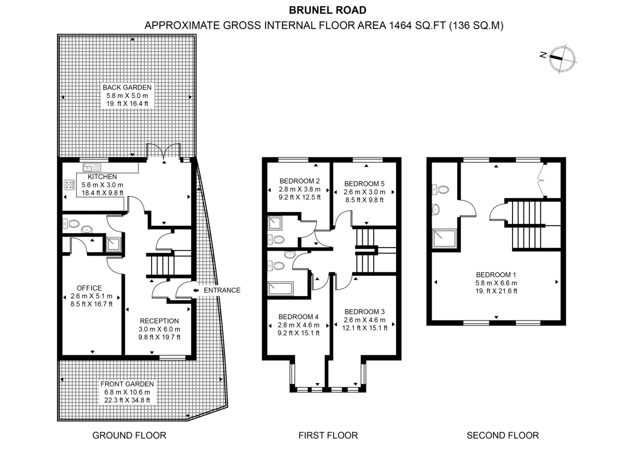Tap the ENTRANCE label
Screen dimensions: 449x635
[x=222, y=290]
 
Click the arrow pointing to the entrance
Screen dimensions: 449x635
[x=195, y=290]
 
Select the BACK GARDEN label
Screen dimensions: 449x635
[x=127, y=87]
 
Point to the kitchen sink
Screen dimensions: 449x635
[x=92, y=167]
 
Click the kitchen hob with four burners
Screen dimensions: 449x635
[x=70, y=185]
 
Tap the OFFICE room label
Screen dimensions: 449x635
[x=89, y=288]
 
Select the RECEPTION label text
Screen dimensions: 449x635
[x=159, y=321]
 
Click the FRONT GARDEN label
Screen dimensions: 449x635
[x=127, y=384]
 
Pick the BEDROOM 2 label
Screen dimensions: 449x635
[x=299, y=181]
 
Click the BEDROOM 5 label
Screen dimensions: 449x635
[x=364, y=184]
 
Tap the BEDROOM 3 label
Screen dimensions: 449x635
[x=364, y=312]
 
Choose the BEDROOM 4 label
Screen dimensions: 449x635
[x=298, y=317]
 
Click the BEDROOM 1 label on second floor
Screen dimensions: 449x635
[x=496, y=275]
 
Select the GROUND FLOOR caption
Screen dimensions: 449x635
[x=129, y=435]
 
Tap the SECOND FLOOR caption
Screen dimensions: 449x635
[x=503, y=435]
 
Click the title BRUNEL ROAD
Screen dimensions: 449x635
[x=327, y=10]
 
